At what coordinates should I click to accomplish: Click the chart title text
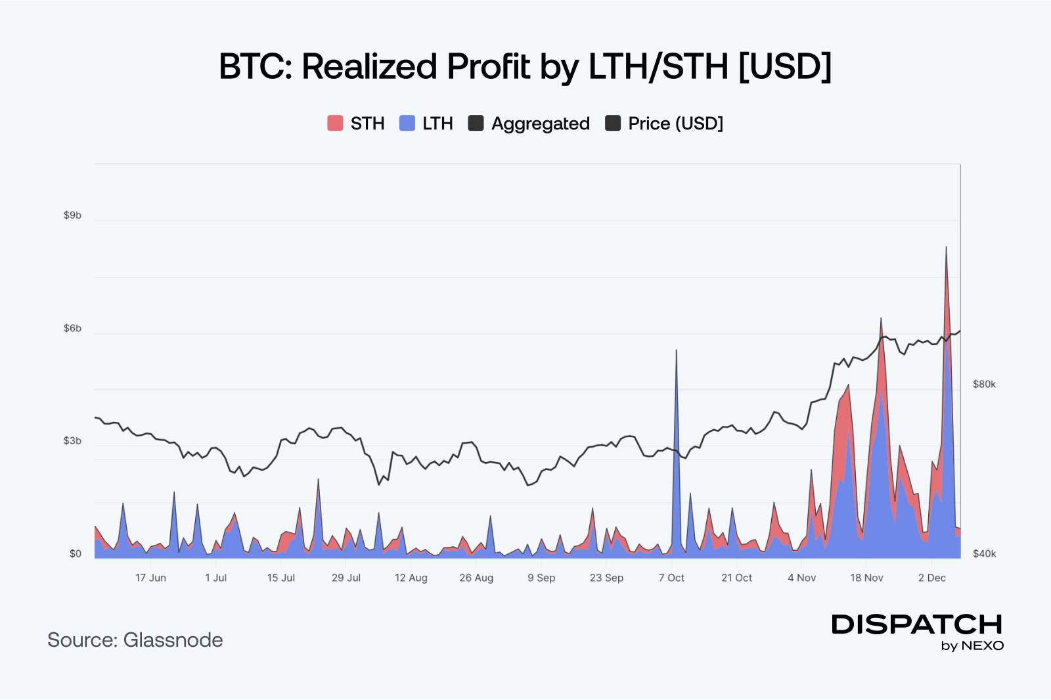coord(525,66)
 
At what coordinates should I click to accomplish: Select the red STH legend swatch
coord(335,123)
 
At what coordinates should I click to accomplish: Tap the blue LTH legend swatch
coord(407,123)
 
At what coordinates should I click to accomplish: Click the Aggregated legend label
coord(540,124)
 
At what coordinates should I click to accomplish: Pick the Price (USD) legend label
coord(675,124)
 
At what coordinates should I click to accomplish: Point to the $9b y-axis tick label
coord(72,215)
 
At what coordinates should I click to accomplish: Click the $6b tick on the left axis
coord(72,328)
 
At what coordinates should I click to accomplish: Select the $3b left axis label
coord(72,440)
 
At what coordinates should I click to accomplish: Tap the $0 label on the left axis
coord(76,553)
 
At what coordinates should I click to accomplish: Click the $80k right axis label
coord(984,384)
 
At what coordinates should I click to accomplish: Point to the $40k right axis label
coord(984,553)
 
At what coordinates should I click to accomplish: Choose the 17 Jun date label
coord(150,578)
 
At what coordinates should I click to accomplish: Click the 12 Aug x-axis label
coord(411,578)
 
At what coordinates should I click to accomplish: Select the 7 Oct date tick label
coord(671,578)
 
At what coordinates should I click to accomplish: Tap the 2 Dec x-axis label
coord(931,578)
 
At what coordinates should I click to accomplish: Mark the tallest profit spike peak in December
coord(946,248)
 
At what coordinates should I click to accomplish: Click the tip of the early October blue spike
coord(676,350)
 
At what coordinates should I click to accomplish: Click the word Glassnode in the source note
coord(173,640)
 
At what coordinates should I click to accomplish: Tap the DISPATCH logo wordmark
coord(917,624)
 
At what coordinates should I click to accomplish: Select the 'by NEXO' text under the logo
coord(972,645)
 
